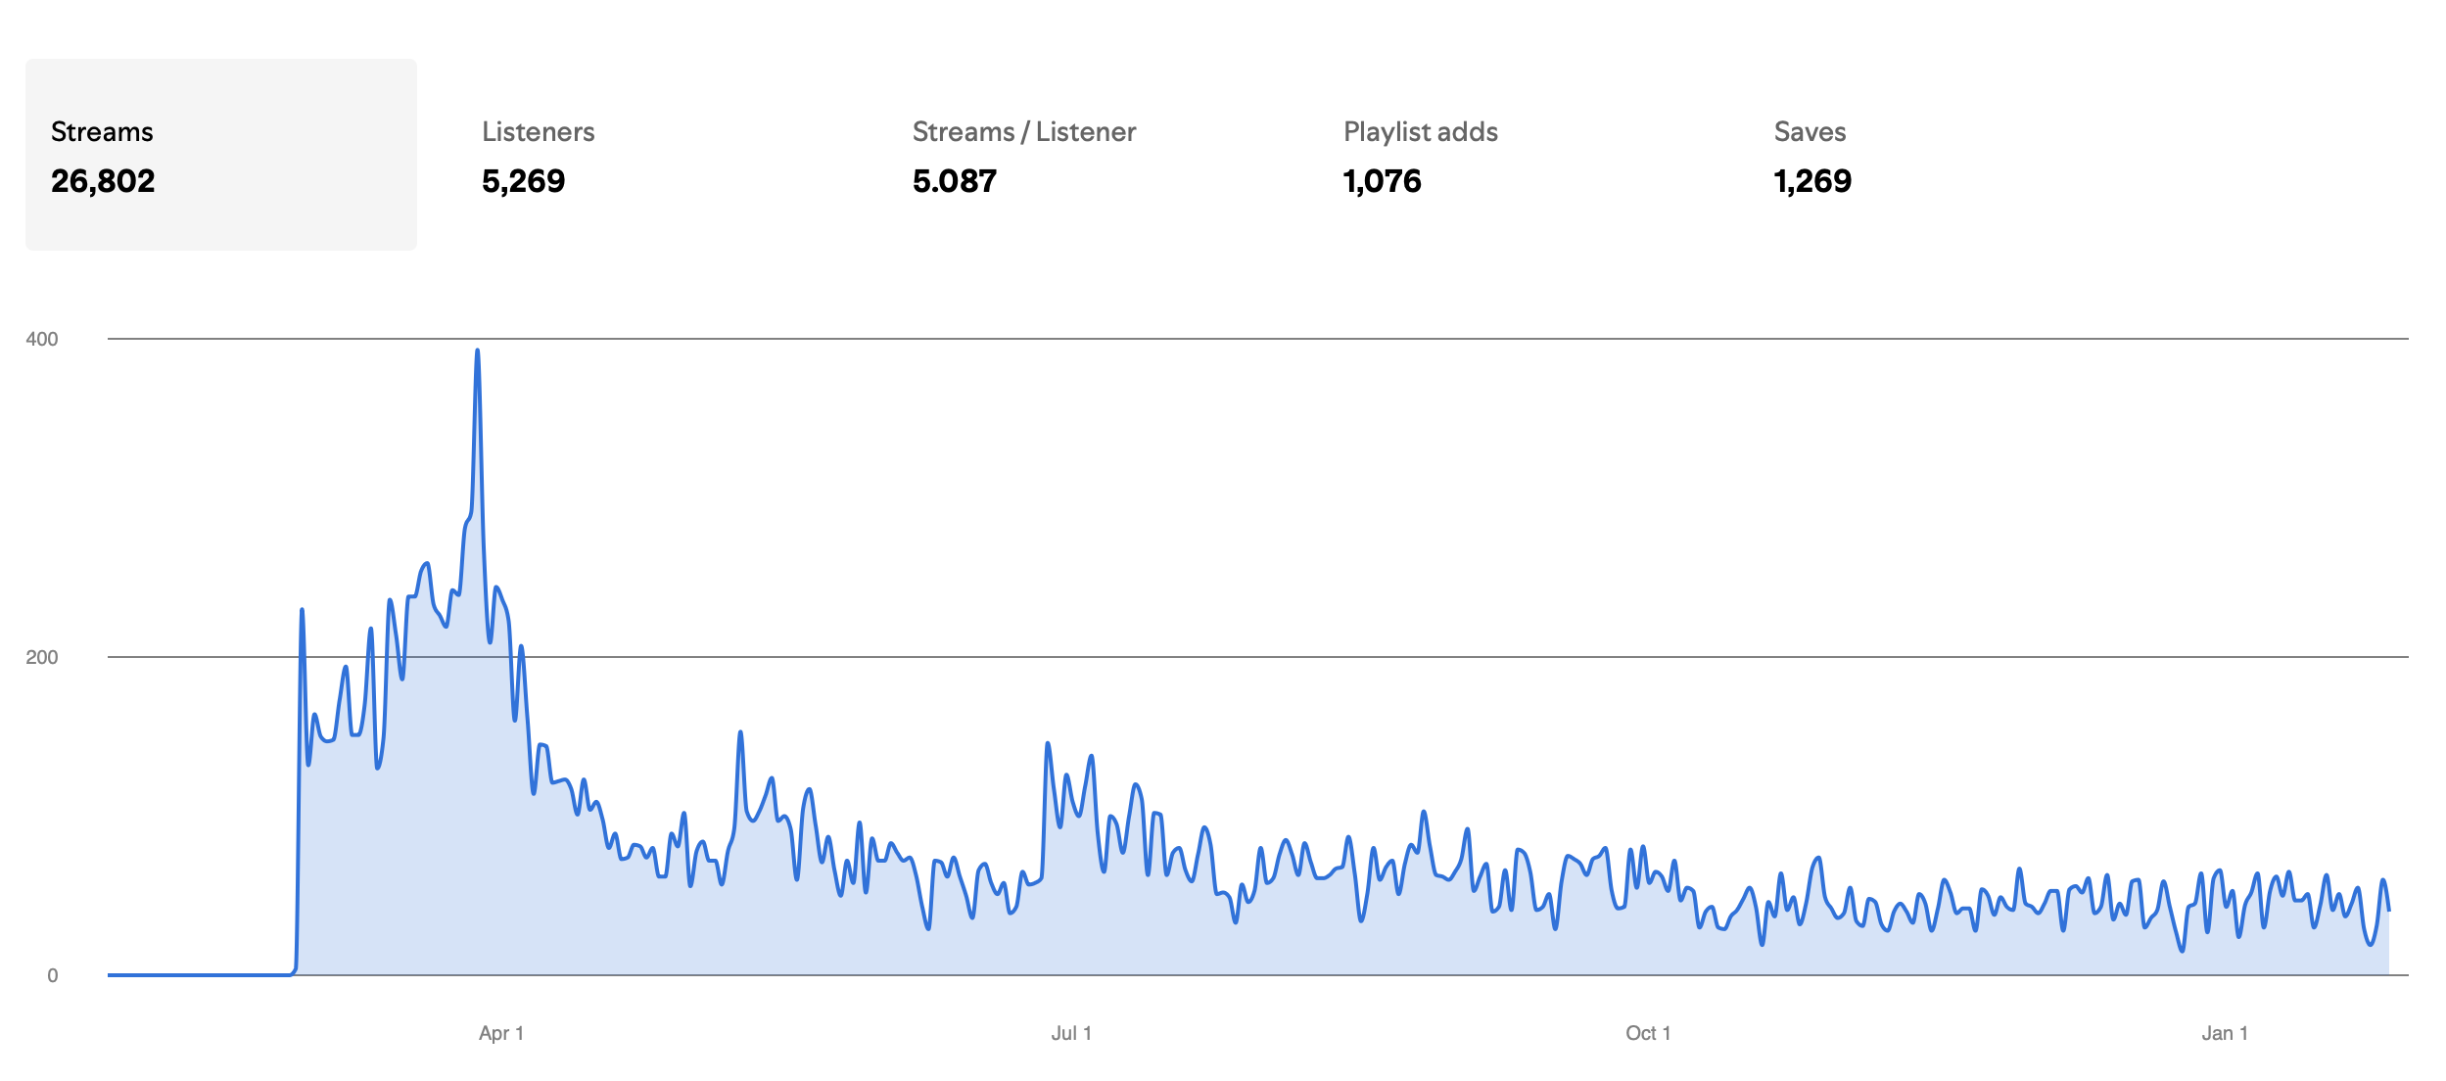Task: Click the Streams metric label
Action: tap(102, 132)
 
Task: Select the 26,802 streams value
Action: tap(103, 181)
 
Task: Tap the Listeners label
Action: tap(538, 132)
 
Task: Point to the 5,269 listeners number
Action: tap(523, 181)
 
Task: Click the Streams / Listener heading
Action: tap(1023, 132)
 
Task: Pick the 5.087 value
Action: tap(954, 181)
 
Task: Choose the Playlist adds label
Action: tap(1420, 132)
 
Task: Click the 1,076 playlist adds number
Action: tap(1382, 181)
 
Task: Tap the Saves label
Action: tap(1810, 132)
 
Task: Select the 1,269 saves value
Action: tap(1812, 181)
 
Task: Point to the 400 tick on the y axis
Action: tap(42, 339)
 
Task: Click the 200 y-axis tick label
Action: tap(42, 657)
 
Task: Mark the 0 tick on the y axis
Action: tap(53, 975)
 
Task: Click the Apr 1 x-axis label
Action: tap(501, 1033)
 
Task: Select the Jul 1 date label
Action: tap(1071, 1033)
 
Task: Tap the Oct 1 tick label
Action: tap(1648, 1033)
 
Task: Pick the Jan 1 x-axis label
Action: tap(2225, 1033)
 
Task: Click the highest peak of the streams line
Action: tap(477, 351)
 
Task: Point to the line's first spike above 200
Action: tap(302, 610)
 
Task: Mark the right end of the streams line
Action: tap(2389, 911)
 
